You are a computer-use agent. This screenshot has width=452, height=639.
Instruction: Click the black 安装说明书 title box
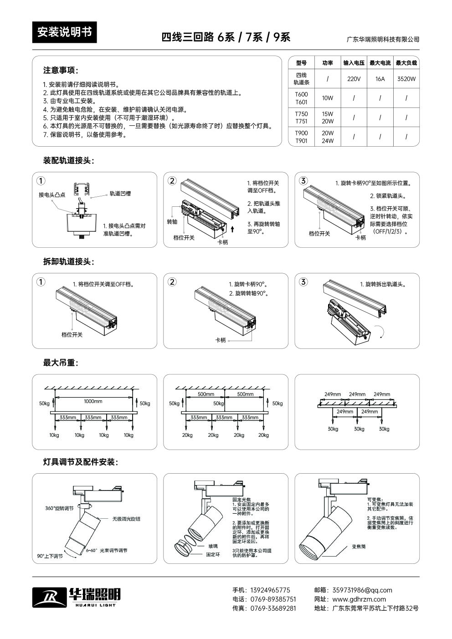tap(64, 32)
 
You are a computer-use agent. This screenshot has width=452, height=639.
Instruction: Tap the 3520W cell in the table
tap(406, 79)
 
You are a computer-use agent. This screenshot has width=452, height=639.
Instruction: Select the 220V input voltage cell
tap(354, 79)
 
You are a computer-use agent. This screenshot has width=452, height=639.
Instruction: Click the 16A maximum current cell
tap(380, 79)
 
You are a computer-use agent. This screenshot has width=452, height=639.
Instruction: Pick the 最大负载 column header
tap(406, 63)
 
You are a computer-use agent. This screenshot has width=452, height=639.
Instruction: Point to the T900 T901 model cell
tap(301, 137)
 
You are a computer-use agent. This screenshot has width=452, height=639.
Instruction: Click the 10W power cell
tap(327, 98)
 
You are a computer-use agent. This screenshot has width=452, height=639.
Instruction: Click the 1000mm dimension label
tap(93, 401)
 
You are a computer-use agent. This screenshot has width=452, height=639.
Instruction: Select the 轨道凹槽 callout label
tap(120, 194)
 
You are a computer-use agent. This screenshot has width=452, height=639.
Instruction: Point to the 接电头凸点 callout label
tap(52, 195)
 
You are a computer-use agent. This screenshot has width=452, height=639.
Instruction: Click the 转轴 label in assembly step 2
tap(172, 222)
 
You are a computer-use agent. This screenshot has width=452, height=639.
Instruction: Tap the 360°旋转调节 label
tap(59, 508)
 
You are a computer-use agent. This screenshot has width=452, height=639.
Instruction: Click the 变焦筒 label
tap(359, 547)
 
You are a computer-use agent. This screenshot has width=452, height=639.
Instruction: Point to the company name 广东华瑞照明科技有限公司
tap(383, 40)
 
